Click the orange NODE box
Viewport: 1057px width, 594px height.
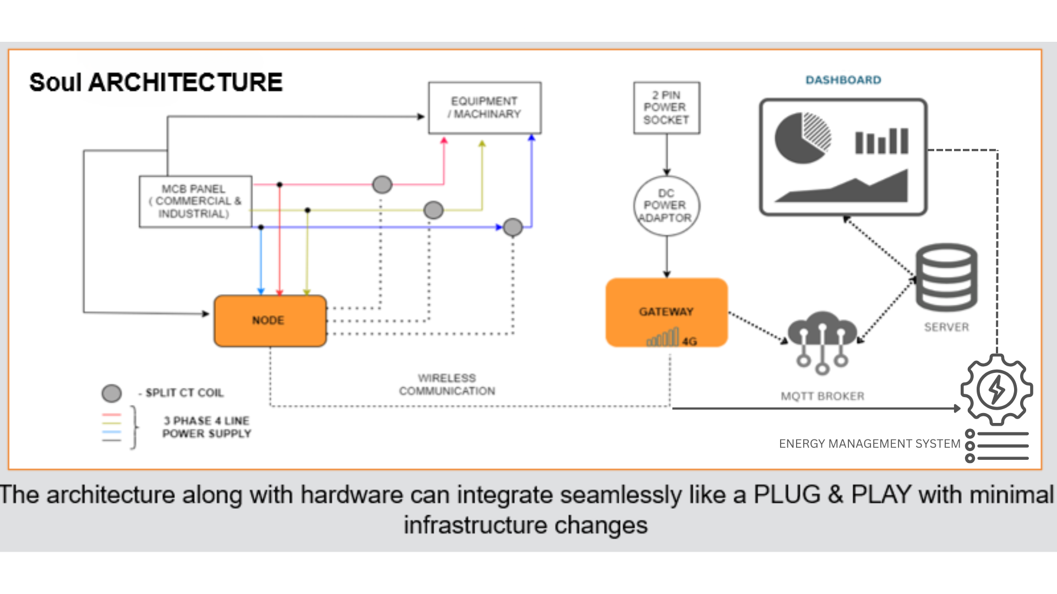click(270, 321)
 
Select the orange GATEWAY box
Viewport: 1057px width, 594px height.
click(666, 312)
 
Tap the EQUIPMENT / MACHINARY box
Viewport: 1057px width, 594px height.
click(484, 108)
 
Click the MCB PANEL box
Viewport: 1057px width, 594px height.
click(195, 201)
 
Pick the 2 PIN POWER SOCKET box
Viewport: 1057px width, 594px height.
click(666, 108)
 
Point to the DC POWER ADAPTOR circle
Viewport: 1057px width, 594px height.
click(666, 206)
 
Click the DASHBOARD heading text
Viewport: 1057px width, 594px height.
click(843, 80)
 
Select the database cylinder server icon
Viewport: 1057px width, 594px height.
click(946, 278)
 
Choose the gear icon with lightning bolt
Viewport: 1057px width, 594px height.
click(996, 389)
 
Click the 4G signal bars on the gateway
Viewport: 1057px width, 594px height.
click(664, 337)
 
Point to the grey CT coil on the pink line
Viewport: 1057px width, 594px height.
click(382, 184)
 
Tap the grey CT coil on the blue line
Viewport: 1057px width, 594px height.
click(513, 227)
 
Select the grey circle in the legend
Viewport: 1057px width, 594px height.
click(111, 393)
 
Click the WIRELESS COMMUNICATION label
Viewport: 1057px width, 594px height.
click(447, 384)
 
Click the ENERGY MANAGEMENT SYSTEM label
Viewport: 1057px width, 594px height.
click(869, 444)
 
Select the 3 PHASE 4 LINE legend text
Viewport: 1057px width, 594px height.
click(206, 427)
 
